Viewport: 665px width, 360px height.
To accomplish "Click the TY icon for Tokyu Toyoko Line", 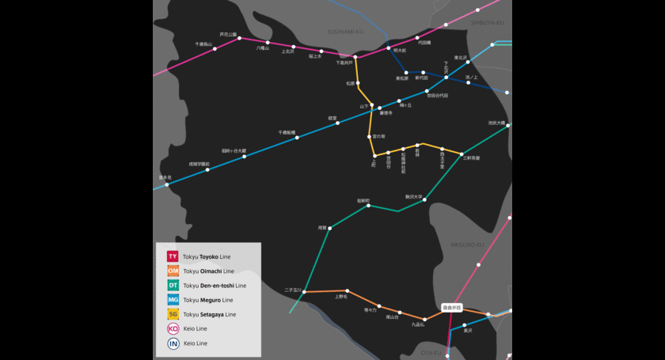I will click(x=173, y=256).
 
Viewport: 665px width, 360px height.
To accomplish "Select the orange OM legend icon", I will click(x=173, y=271).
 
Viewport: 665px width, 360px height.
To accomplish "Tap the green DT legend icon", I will click(x=173, y=285).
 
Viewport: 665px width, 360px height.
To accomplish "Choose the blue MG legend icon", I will click(x=173, y=300).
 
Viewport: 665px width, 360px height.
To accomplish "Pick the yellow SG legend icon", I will click(x=173, y=314).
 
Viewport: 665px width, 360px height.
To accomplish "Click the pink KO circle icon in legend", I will click(x=173, y=328).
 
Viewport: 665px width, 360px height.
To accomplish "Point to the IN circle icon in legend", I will click(x=173, y=343).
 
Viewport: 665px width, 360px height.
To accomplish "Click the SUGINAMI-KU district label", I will click(x=344, y=32).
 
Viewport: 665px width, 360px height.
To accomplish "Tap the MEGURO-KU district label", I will click(x=467, y=244).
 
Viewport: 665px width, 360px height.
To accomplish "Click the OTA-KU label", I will click(x=431, y=353).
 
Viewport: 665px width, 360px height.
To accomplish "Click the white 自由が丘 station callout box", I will click(x=451, y=307).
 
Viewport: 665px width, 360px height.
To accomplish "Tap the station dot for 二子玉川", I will click(x=303, y=292).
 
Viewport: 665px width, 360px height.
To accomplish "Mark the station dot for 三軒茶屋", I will click(x=462, y=153).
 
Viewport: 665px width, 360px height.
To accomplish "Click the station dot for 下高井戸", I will click(x=355, y=57).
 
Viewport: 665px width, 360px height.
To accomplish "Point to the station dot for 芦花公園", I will click(x=240, y=38).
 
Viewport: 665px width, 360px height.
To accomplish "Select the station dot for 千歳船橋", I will click(x=297, y=138).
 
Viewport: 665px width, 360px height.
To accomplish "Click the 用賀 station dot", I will click(x=329, y=228).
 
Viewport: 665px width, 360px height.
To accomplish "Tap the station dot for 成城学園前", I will click(x=207, y=169).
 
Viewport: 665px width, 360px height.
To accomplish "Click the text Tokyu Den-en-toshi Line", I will click(x=215, y=286).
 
